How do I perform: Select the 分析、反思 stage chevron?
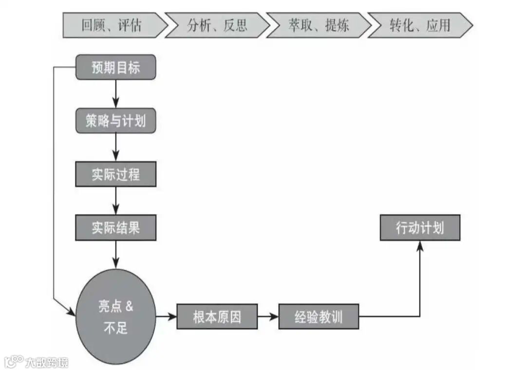(217, 25)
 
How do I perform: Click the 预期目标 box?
(115, 67)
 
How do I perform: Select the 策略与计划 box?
(115, 121)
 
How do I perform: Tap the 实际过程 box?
(115, 174)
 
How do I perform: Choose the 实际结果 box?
(115, 228)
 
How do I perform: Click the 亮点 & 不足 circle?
(115, 317)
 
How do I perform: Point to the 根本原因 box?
(217, 317)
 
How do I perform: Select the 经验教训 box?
(319, 317)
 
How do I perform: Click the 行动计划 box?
(420, 228)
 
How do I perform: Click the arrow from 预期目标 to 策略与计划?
(115, 94)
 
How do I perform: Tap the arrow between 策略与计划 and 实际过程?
(115, 147)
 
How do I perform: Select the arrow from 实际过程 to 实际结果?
(115, 201)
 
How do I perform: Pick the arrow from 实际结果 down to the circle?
(115, 254)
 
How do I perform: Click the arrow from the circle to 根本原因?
(166, 317)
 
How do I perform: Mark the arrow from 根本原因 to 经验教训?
(268, 317)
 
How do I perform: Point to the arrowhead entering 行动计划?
(420, 246)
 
